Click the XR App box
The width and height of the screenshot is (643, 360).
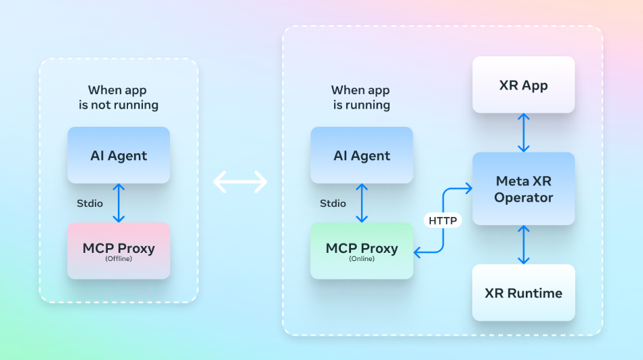pos(523,85)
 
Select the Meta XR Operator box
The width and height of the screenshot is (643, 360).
pos(523,188)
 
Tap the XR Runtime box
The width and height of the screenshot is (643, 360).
pos(523,293)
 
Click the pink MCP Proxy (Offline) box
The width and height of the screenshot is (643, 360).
pos(119,251)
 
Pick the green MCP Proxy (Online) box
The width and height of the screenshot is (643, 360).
pos(362,251)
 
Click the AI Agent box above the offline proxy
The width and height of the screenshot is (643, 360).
pos(119,155)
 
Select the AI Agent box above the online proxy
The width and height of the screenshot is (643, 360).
pos(362,155)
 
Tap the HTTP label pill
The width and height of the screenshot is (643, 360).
pos(442,220)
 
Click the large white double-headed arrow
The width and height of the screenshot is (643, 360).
pos(241,182)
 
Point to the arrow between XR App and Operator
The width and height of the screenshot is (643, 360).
pos(523,133)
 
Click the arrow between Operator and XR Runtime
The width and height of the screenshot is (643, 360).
pos(523,245)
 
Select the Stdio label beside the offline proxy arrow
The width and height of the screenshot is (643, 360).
pos(90,203)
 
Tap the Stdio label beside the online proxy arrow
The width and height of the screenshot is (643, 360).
pos(333,203)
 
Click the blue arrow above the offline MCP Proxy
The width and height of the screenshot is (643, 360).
pos(119,203)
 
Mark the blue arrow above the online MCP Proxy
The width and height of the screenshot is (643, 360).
pos(362,203)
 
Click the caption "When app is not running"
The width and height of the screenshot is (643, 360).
pos(119,97)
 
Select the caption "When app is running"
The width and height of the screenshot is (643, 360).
pos(361,97)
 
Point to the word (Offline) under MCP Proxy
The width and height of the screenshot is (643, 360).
pos(119,258)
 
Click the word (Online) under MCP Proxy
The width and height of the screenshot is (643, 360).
pos(362,258)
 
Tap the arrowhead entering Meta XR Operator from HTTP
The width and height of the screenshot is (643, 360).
pos(469,188)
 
